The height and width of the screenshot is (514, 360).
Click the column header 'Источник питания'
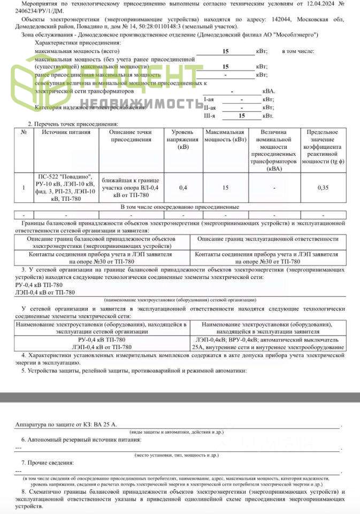tap(65, 132)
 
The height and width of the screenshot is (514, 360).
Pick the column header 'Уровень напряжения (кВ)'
tap(183, 139)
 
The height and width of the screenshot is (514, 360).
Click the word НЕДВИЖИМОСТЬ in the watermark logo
tap(140, 102)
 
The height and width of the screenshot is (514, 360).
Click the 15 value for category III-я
tap(241, 116)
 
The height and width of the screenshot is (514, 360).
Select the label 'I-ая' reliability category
tap(210, 100)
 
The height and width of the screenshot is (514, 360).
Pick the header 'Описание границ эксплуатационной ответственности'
tap(267, 239)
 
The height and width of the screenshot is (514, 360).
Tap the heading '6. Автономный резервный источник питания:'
tap(80, 440)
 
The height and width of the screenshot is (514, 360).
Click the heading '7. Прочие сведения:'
tap(48, 462)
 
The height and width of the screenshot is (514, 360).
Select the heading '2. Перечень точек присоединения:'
tap(66, 124)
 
